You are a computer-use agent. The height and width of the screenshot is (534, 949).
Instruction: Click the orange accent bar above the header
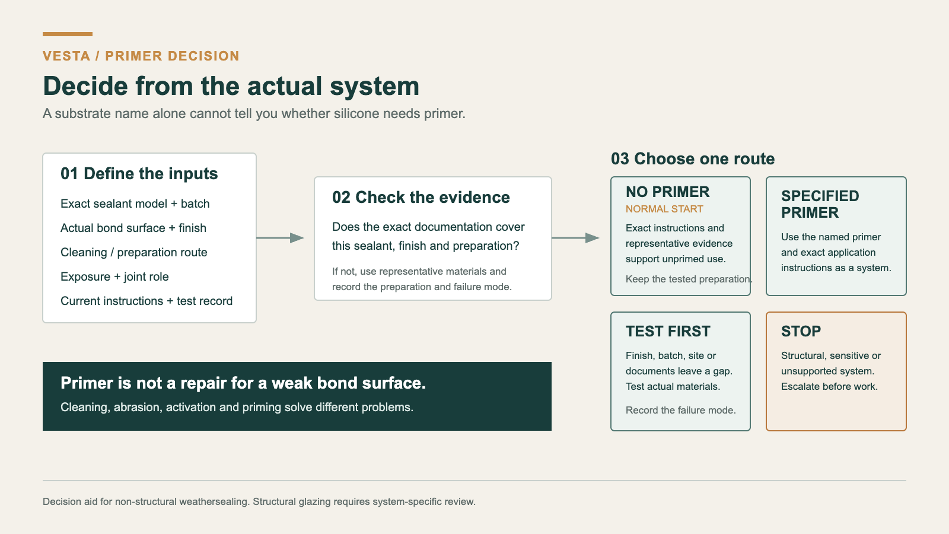(x=68, y=34)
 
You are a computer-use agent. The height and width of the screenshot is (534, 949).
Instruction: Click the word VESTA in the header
(x=66, y=56)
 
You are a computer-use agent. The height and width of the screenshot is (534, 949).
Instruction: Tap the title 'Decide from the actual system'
(x=231, y=86)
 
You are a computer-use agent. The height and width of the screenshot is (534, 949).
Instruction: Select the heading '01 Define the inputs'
(x=139, y=174)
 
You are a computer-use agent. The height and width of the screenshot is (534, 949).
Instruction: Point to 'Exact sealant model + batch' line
(x=135, y=204)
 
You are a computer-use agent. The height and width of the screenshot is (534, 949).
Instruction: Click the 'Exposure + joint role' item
(x=115, y=276)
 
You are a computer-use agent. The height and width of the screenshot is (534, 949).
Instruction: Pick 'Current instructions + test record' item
(x=147, y=301)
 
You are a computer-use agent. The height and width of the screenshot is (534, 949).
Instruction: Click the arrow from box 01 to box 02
(x=280, y=238)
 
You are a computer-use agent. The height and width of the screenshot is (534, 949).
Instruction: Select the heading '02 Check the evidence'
(x=421, y=198)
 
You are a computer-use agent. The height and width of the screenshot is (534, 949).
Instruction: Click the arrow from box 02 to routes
(x=575, y=238)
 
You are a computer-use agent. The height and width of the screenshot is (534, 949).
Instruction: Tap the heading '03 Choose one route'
(x=693, y=159)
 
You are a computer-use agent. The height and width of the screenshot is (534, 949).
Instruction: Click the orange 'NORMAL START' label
(x=664, y=209)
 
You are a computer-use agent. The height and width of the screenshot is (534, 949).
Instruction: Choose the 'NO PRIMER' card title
(x=668, y=192)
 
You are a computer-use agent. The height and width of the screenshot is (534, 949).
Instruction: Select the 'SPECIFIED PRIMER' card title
(x=820, y=204)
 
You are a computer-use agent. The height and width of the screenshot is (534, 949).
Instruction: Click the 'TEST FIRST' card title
(x=668, y=332)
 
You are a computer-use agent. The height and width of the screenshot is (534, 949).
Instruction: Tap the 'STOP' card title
(x=801, y=332)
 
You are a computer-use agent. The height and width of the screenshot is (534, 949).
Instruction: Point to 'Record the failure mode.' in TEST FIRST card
(x=681, y=410)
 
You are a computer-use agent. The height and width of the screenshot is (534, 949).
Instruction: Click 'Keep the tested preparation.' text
(x=689, y=279)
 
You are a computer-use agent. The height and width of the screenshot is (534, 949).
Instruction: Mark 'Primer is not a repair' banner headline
(x=243, y=383)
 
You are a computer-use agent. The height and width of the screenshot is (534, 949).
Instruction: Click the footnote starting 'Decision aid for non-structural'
(x=259, y=502)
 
